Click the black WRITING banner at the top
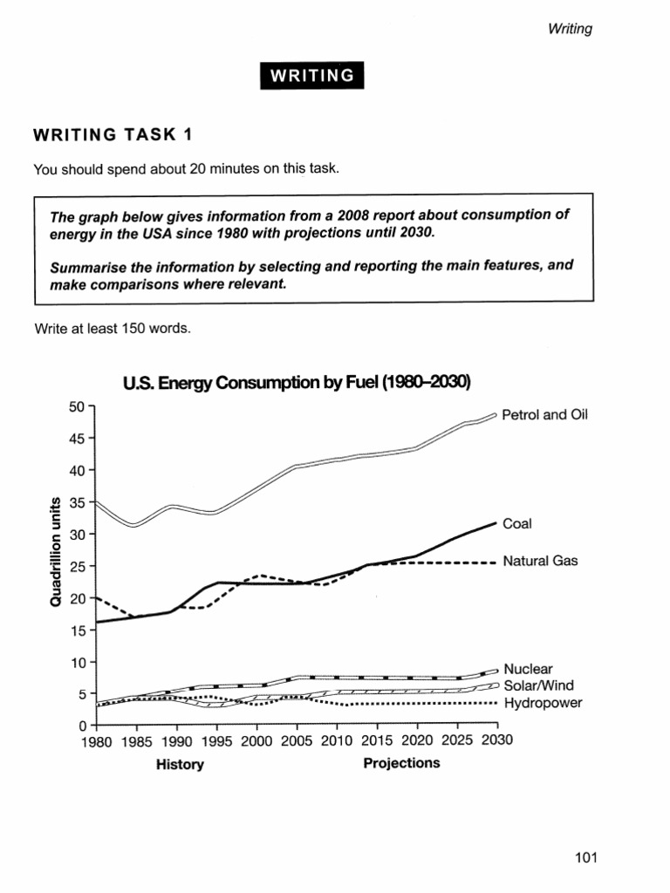click(x=311, y=76)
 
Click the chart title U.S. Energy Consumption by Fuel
click(x=297, y=383)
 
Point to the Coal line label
click(x=517, y=524)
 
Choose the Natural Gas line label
click(x=540, y=562)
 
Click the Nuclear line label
click(x=528, y=669)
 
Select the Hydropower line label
click(x=543, y=702)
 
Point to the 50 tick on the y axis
click(x=77, y=406)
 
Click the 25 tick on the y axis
click(x=77, y=566)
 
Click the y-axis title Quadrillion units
click(x=54, y=552)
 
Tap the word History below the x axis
click(x=180, y=765)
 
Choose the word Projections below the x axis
click(x=401, y=763)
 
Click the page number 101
click(x=586, y=858)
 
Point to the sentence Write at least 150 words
click(x=111, y=329)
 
